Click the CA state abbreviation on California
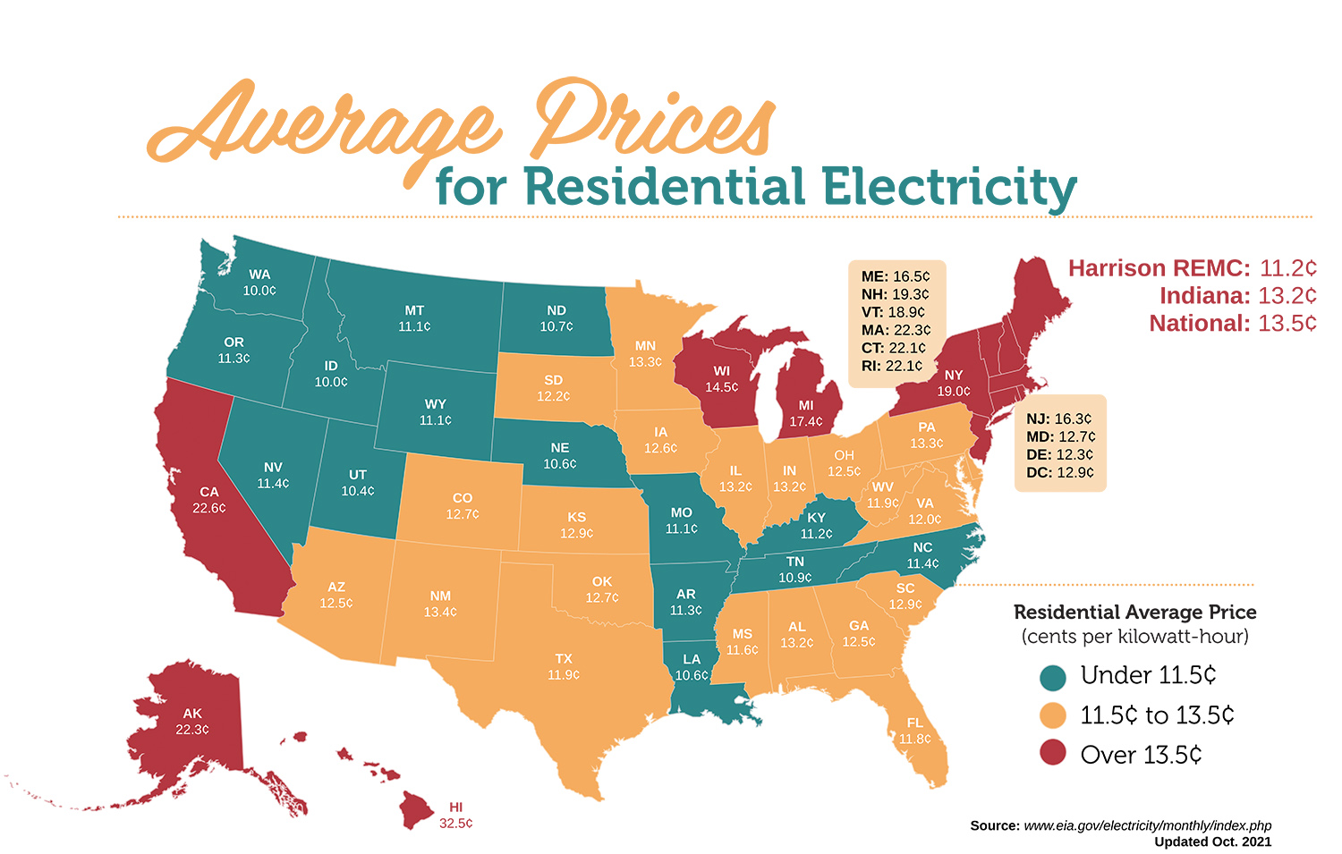pos(209,492)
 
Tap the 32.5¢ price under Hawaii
pos(455,823)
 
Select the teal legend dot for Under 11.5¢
pos(1053,676)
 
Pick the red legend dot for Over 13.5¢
pos(1053,754)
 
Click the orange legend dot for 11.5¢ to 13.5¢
pos(1053,715)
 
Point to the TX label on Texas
pos(563,659)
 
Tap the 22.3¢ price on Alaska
pos(192,730)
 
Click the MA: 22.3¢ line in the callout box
pos(896,330)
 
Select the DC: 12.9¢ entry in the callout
pos(1059,472)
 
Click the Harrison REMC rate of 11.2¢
pos(1287,268)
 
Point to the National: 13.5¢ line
pos(1232,323)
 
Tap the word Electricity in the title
pos(949,187)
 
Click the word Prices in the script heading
pos(653,121)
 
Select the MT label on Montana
pos(414,310)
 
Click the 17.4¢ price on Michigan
pos(806,421)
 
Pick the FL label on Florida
pos(914,723)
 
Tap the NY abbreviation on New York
pos(954,376)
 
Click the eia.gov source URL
pos(1147,825)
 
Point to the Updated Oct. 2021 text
pos(1212,841)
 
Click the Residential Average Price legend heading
pos(1134,613)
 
